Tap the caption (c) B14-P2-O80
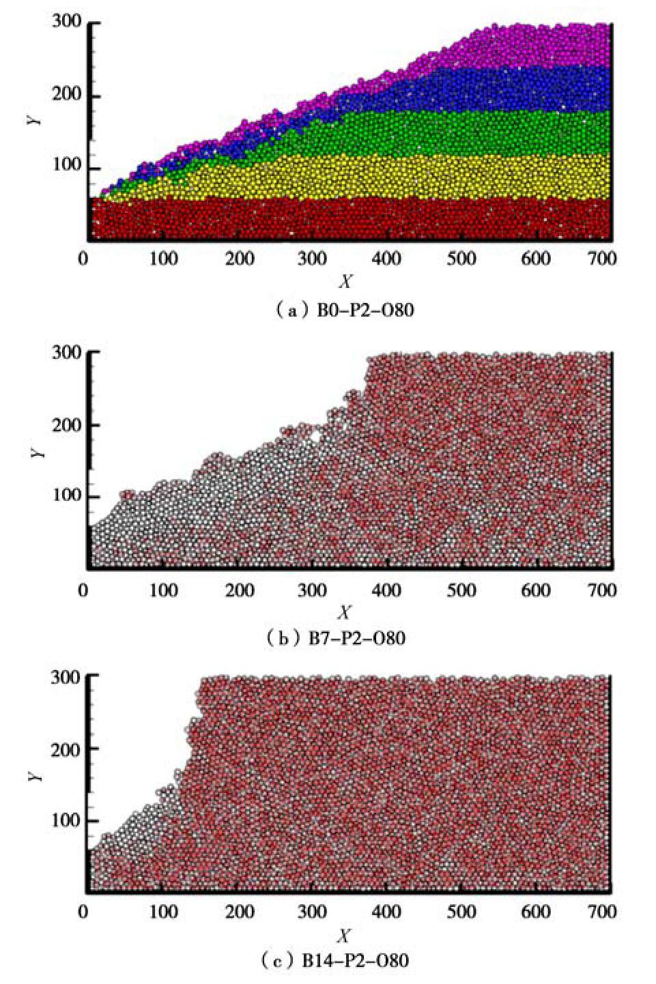[335, 961]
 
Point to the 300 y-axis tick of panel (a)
[66, 22]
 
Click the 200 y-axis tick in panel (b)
[66, 424]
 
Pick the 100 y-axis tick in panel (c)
[66, 821]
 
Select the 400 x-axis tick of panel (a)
[387, 259]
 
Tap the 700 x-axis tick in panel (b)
[602, 590]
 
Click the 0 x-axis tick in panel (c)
[84, 912]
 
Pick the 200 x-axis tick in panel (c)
[240, 912]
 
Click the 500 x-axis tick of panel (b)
[461, 590]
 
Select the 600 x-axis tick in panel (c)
[534, 912]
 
